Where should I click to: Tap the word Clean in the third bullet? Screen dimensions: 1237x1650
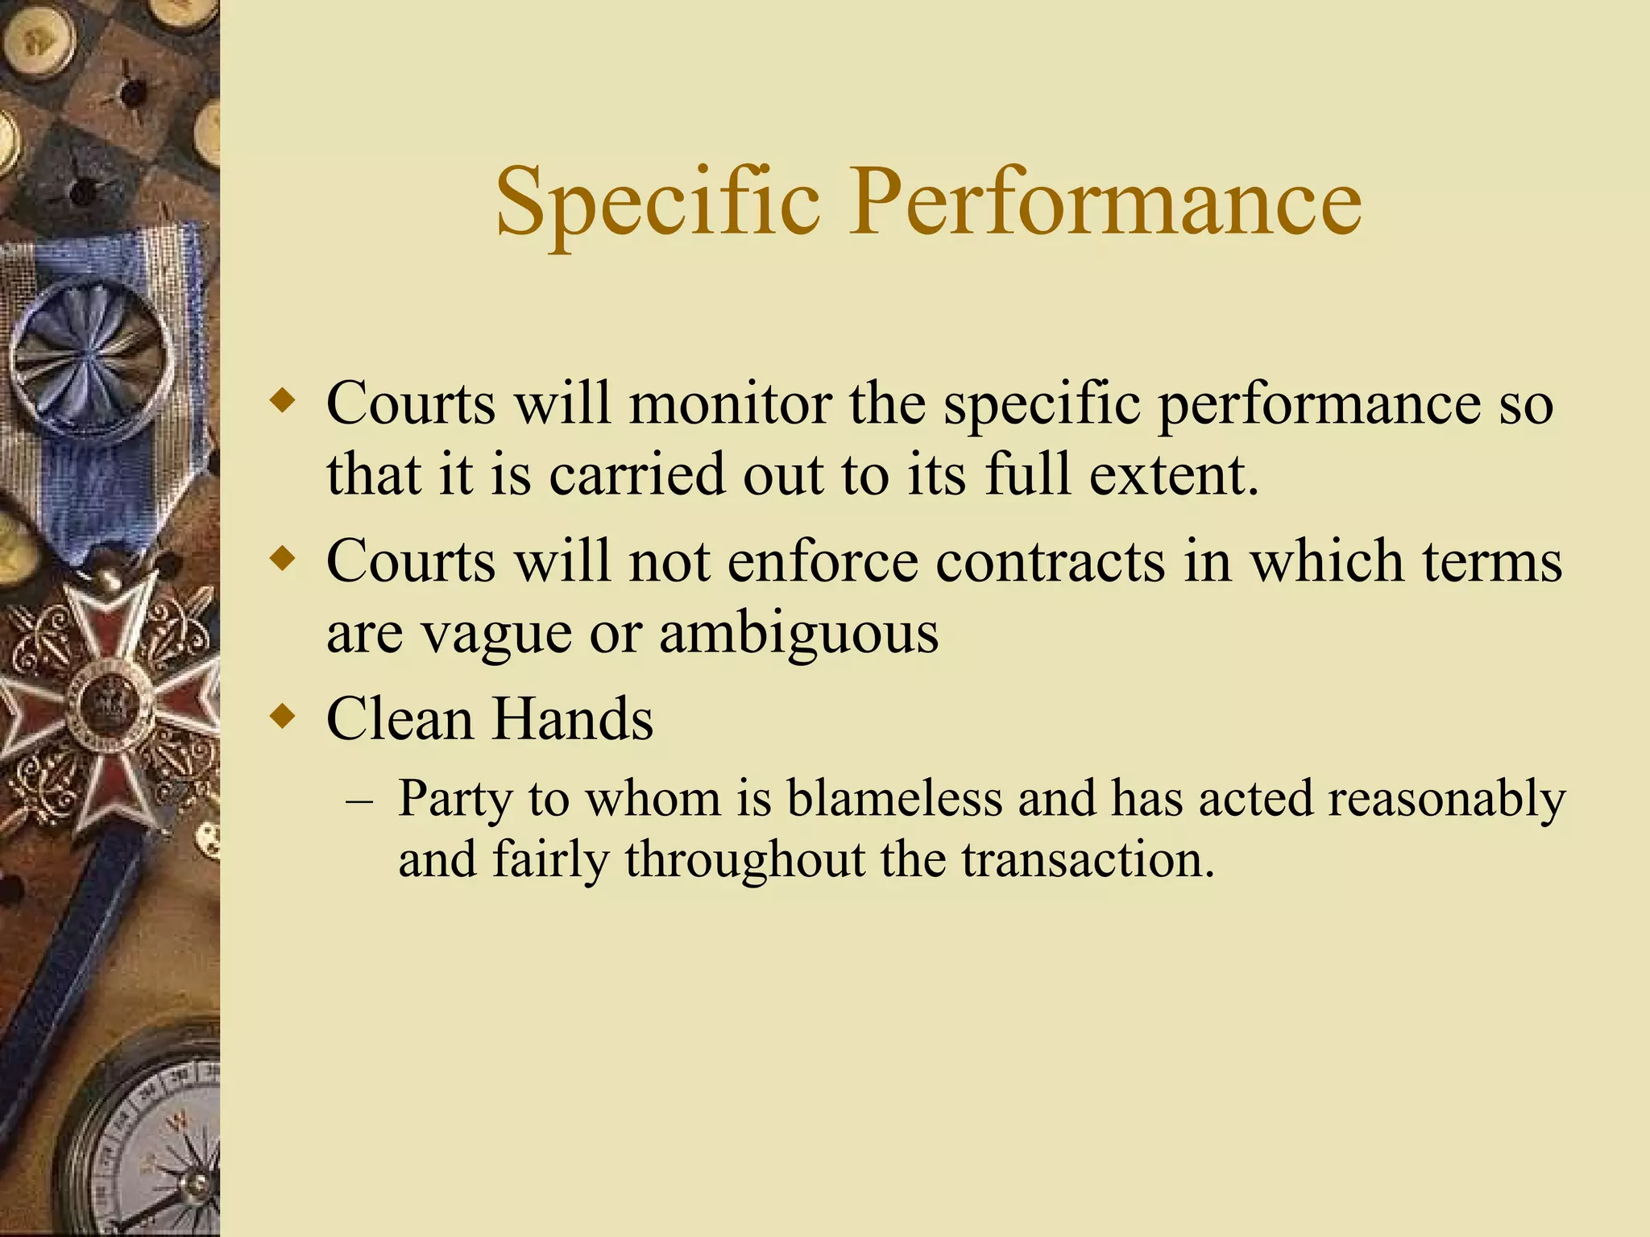400,718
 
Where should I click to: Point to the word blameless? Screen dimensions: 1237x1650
893,799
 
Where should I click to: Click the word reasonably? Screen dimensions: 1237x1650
1445,799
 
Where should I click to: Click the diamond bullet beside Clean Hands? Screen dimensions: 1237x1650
282,715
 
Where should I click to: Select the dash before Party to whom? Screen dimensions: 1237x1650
359,801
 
